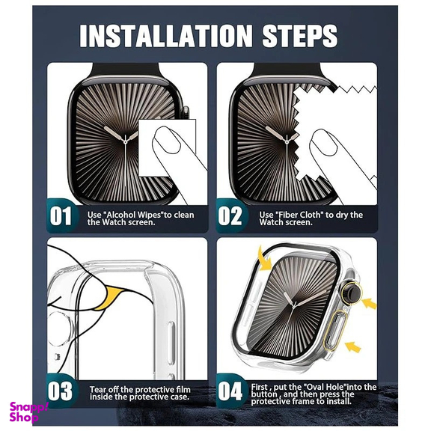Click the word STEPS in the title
pos(299,36)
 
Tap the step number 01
pos(61,216)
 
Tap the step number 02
pos(230,216)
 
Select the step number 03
pos(60,391)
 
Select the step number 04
pos(230,391)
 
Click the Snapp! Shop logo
pos(28,412)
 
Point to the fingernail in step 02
pos(323,142)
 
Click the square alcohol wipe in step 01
pos(167,147)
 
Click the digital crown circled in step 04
pos(352,293)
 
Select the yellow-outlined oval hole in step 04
pos(334,331)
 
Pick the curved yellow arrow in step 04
pos(265,259)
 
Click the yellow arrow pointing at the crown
pos(369,304)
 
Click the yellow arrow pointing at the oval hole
pos(352,346)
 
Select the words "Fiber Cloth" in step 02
pos(299,215)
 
